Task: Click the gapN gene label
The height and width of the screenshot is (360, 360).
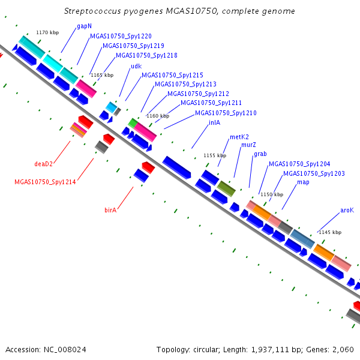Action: click(84, 26)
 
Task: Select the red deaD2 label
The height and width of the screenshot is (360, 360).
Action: click(43, 164)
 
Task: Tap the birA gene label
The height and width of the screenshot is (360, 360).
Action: click(110, 210)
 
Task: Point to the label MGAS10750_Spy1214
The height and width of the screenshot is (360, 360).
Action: click(45, 182)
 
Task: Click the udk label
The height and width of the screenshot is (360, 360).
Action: click(136, 67)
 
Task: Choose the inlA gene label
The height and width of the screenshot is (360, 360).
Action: click(214, 122)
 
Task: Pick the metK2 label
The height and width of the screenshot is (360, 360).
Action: click(239, 137)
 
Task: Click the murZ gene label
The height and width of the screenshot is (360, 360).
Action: click(248, 145)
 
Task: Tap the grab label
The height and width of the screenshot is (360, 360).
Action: click(260, 154)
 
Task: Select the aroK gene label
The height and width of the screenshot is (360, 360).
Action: click(347, 211)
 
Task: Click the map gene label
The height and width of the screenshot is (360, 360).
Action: click(303, 182)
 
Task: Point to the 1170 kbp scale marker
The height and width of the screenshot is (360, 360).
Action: click(47, 32)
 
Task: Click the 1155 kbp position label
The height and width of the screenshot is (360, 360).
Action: click(215, 155)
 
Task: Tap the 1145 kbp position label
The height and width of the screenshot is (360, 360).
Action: click(330, 232)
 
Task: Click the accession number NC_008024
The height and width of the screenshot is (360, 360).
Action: click(65, 350)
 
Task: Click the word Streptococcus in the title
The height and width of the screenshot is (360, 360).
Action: click(92, 11)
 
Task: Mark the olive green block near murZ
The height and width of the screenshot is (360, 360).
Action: click(226, 189)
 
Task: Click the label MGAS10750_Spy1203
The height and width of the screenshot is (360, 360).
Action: click(314, 173)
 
